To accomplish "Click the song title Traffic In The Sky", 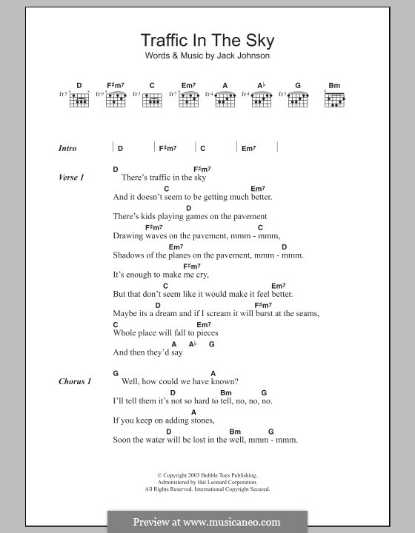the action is [207, 41].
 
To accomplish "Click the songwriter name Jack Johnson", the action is [239, 57].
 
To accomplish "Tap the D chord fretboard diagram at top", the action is [79, 98].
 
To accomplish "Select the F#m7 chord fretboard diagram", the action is [115, 98].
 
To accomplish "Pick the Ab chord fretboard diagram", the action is [261, 98].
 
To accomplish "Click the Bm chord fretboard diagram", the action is [334, 98].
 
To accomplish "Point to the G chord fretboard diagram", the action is [297, 98].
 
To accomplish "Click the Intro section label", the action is [67, 148].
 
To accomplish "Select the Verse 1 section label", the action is [71, 178].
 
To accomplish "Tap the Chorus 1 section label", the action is [75, 381].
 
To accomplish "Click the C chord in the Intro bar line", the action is [202, 148].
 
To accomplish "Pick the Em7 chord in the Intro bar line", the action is [248, 148].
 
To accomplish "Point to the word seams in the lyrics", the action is [305, 313].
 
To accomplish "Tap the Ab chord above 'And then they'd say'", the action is [192, 344].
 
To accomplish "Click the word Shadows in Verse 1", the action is [129, 255].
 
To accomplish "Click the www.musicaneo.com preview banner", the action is [207, 521].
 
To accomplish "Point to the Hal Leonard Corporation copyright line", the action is [207, 482].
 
